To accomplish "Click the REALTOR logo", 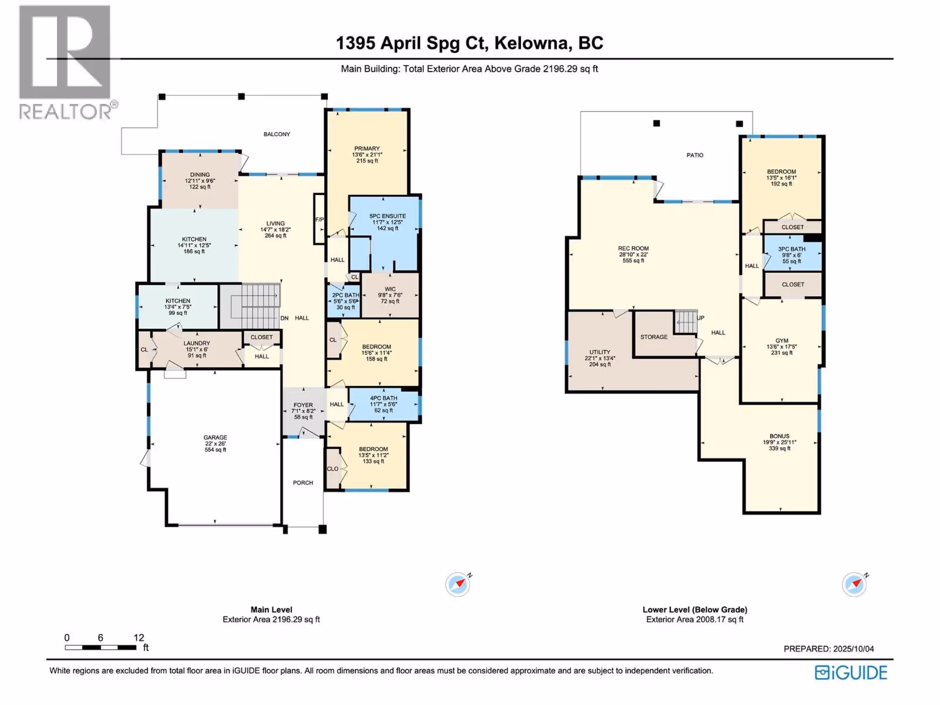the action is (68, 62).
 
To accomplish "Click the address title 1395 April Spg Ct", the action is (412, 43).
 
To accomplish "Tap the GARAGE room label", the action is (216, 438).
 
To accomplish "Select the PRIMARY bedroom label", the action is (367, 149).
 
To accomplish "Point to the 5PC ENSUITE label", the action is (388, 216).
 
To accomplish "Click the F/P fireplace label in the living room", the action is (320, 220).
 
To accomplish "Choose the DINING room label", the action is (200, 174).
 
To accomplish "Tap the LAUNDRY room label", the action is (197, 343).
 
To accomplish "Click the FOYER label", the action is (303, 405).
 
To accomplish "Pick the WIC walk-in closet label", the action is (390, 289).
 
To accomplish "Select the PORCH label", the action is (303, 483).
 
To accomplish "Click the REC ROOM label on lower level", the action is (633, 249).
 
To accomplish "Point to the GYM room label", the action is (782, 341).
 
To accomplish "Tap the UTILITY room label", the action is (600, 352).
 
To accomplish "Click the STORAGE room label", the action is (654, 337).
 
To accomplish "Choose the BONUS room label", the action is (780, 436).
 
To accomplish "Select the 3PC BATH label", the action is (792, 249).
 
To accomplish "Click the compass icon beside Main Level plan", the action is (458, 585).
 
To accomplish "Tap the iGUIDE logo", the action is (851, 673).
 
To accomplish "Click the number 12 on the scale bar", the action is (139, 637).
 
